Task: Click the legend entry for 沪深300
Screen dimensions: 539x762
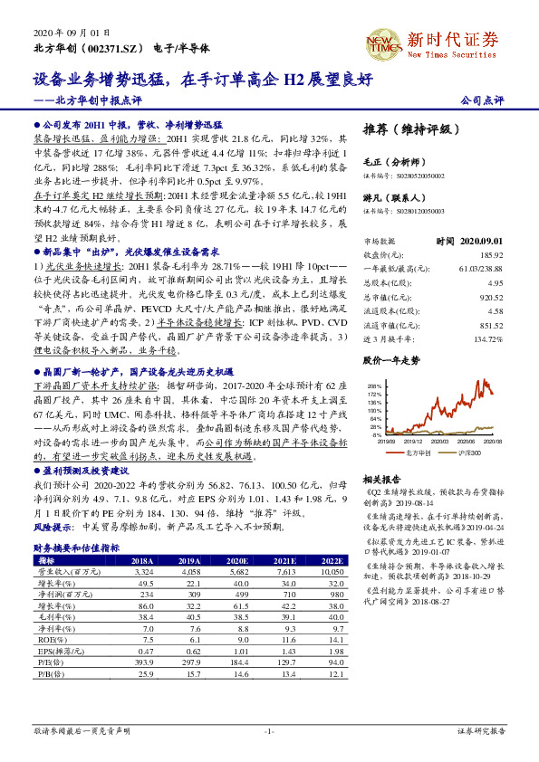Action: coord(467,451)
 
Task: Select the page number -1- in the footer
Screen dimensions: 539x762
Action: coord(268,730)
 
